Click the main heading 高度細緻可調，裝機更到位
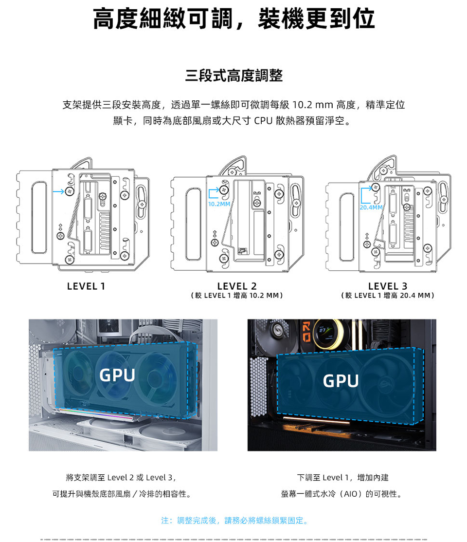(234, 19)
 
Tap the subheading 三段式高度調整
(234, 75)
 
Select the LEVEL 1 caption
(86, 286)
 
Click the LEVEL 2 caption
(237, 286)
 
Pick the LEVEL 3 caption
(388, 286)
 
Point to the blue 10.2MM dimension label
(219, 204)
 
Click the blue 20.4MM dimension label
(371, 207)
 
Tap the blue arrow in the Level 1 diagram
(58, 191)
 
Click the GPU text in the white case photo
(117, 375)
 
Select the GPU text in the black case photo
(341, 381)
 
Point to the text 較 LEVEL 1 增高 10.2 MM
(237, 296)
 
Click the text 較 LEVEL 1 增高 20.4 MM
(388, 296)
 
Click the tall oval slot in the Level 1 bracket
(39, 217)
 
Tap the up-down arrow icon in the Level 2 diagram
(215, 234)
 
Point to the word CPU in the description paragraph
(263, 121)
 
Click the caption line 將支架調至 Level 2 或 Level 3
(121, 477)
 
